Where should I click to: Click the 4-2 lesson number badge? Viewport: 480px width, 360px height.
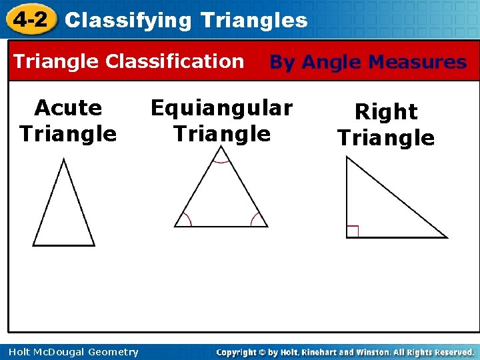(x=29, y=19)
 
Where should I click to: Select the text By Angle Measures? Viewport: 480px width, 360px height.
(x=367, y=63)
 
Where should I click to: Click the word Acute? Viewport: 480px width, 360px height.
(x=68, y=107)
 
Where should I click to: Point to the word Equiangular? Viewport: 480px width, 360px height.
(x=221, y=107)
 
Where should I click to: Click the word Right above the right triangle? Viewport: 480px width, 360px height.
(x=386, y=111)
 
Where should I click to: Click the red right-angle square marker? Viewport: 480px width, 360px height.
(x=353, y=231)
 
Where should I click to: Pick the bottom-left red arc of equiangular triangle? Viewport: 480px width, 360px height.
(x=186, y=219)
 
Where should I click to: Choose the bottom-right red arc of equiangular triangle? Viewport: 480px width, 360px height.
(x=256, y=219)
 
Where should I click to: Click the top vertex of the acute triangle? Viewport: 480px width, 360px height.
(x=63, y=159)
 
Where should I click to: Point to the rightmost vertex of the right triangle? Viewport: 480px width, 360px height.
(x=445, y=237)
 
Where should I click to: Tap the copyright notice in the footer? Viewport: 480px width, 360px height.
(x=345, y=352)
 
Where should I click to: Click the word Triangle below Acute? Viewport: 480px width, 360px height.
(x=68, y=134)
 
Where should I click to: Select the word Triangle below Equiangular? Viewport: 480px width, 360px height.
(x=221, y=134)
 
